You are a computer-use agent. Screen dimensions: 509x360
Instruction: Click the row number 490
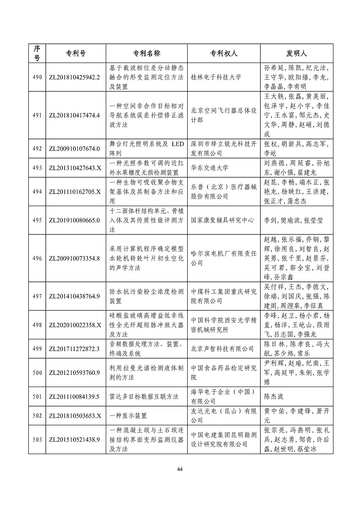pyautogui.click(x=37, y=77)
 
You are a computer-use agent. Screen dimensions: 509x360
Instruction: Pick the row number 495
pyautogui.click(x=37, y=221)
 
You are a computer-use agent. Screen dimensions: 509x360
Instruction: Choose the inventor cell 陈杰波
pyautogui.click(x=274, y=396)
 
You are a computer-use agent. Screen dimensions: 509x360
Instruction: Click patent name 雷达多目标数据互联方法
pyautogui.click(x=144, y=396)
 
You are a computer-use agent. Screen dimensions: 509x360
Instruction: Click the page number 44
pyautogui.click(x=180, y=469)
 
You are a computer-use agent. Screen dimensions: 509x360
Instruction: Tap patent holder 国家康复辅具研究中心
pyautogui.click(x=222, y=221)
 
